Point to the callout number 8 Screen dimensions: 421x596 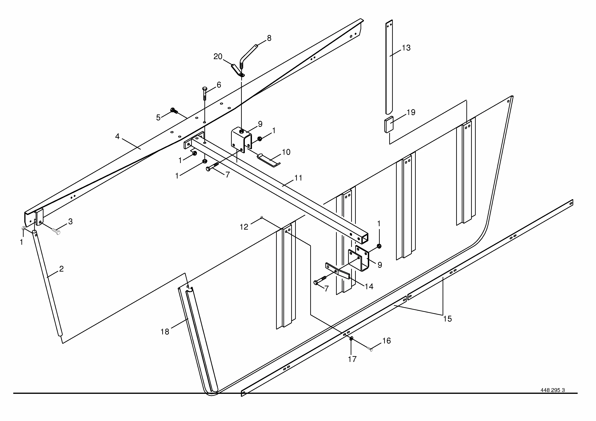(269, 38)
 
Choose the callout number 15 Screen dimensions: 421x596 (447, 319)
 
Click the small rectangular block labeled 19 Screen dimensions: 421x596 (388, 125)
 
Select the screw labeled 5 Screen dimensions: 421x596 (173, 111)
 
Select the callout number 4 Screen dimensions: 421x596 (117, 136)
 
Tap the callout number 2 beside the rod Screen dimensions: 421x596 (61, 269)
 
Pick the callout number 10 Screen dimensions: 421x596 (286, 152)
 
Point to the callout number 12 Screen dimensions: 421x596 (244, 227)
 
